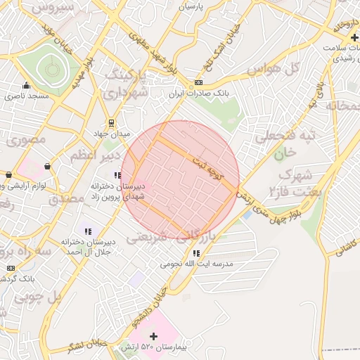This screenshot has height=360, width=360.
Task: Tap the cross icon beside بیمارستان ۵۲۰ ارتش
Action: point(154,337)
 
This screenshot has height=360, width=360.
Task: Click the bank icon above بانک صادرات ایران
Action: point(198,82)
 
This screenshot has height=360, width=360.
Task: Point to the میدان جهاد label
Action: point(112,133)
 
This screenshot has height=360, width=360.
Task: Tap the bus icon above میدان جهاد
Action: point(112,122)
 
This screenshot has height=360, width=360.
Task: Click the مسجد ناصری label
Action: point(27,94)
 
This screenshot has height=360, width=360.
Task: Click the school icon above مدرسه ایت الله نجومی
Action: point(196,253)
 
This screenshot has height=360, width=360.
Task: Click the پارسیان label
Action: point(194,6)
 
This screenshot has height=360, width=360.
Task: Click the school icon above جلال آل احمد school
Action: point(88,231)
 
